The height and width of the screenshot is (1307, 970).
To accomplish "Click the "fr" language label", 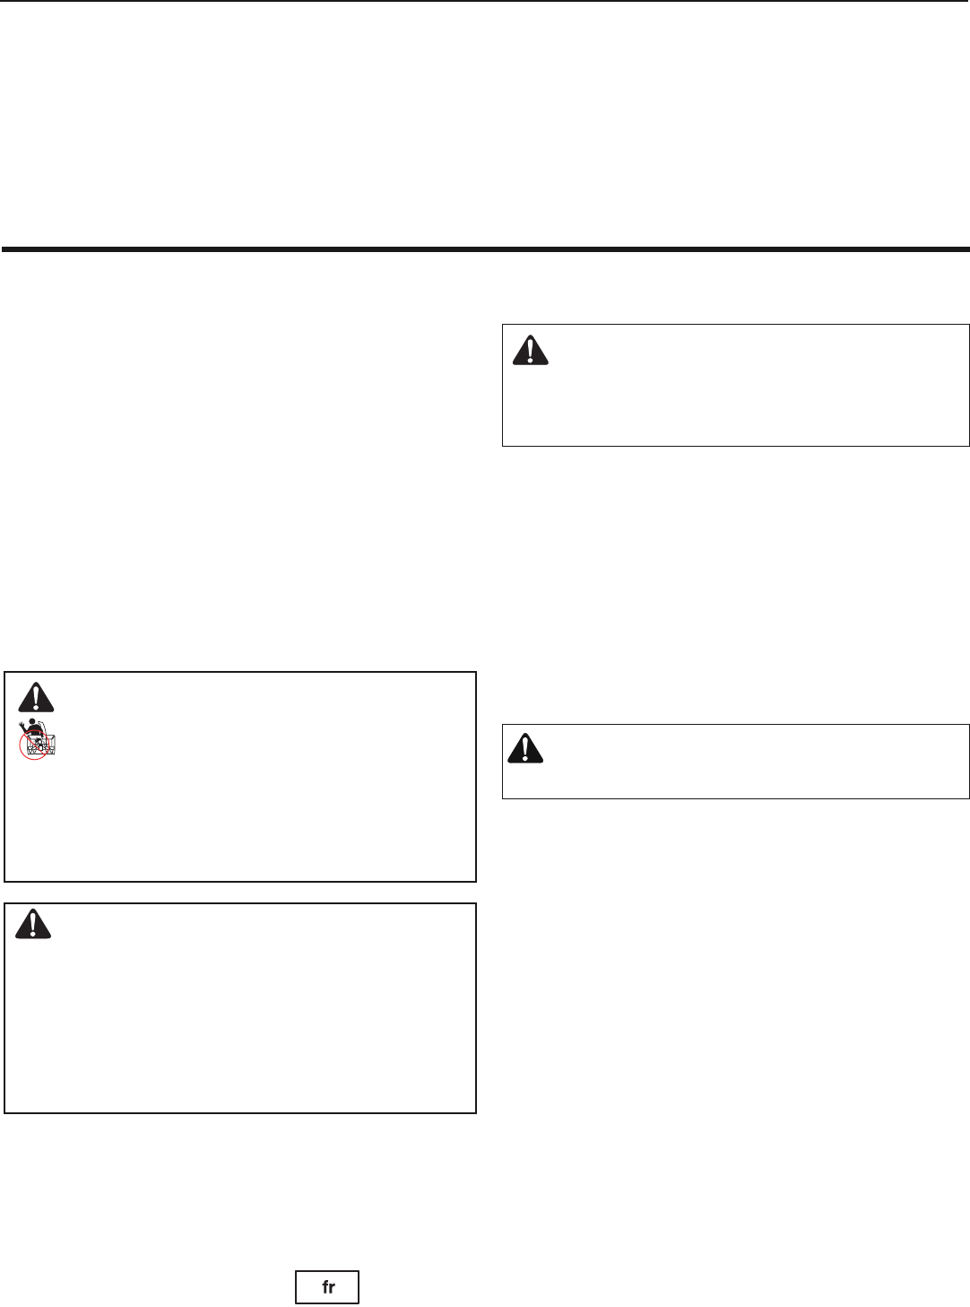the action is (x=328, y=1286).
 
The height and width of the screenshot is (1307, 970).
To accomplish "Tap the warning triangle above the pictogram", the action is (x=36, y=697).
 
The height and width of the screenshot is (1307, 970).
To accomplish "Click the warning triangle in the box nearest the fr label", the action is (x=33, y=925).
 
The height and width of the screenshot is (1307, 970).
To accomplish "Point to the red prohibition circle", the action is (x=34, y=745).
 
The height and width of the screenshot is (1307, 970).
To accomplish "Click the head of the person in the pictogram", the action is (x=33, y=722).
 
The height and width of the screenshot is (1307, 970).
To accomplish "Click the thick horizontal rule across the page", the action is (x=485, y=248).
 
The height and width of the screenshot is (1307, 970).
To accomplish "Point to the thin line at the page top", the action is (x=485, y=1).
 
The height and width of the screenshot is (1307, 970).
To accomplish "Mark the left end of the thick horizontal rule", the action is (x=3, y=248).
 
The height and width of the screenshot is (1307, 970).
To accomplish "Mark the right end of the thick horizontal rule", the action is (x=968, y=248).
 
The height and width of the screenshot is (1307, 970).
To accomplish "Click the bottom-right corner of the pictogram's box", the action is (x=475, y=881).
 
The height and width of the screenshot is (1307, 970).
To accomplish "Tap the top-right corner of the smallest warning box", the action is (x=969, y=725).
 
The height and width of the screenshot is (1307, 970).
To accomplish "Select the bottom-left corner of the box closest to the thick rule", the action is (x=503, y=445).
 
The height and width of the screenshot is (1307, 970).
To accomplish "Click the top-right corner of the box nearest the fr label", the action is (x=475, y=904).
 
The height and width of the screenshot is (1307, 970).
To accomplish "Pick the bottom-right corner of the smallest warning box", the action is (x=969, y=797).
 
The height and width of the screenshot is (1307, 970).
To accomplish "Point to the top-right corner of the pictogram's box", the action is (x=475, y=672).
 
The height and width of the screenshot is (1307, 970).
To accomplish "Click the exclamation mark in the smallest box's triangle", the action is (x=525, y=747).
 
